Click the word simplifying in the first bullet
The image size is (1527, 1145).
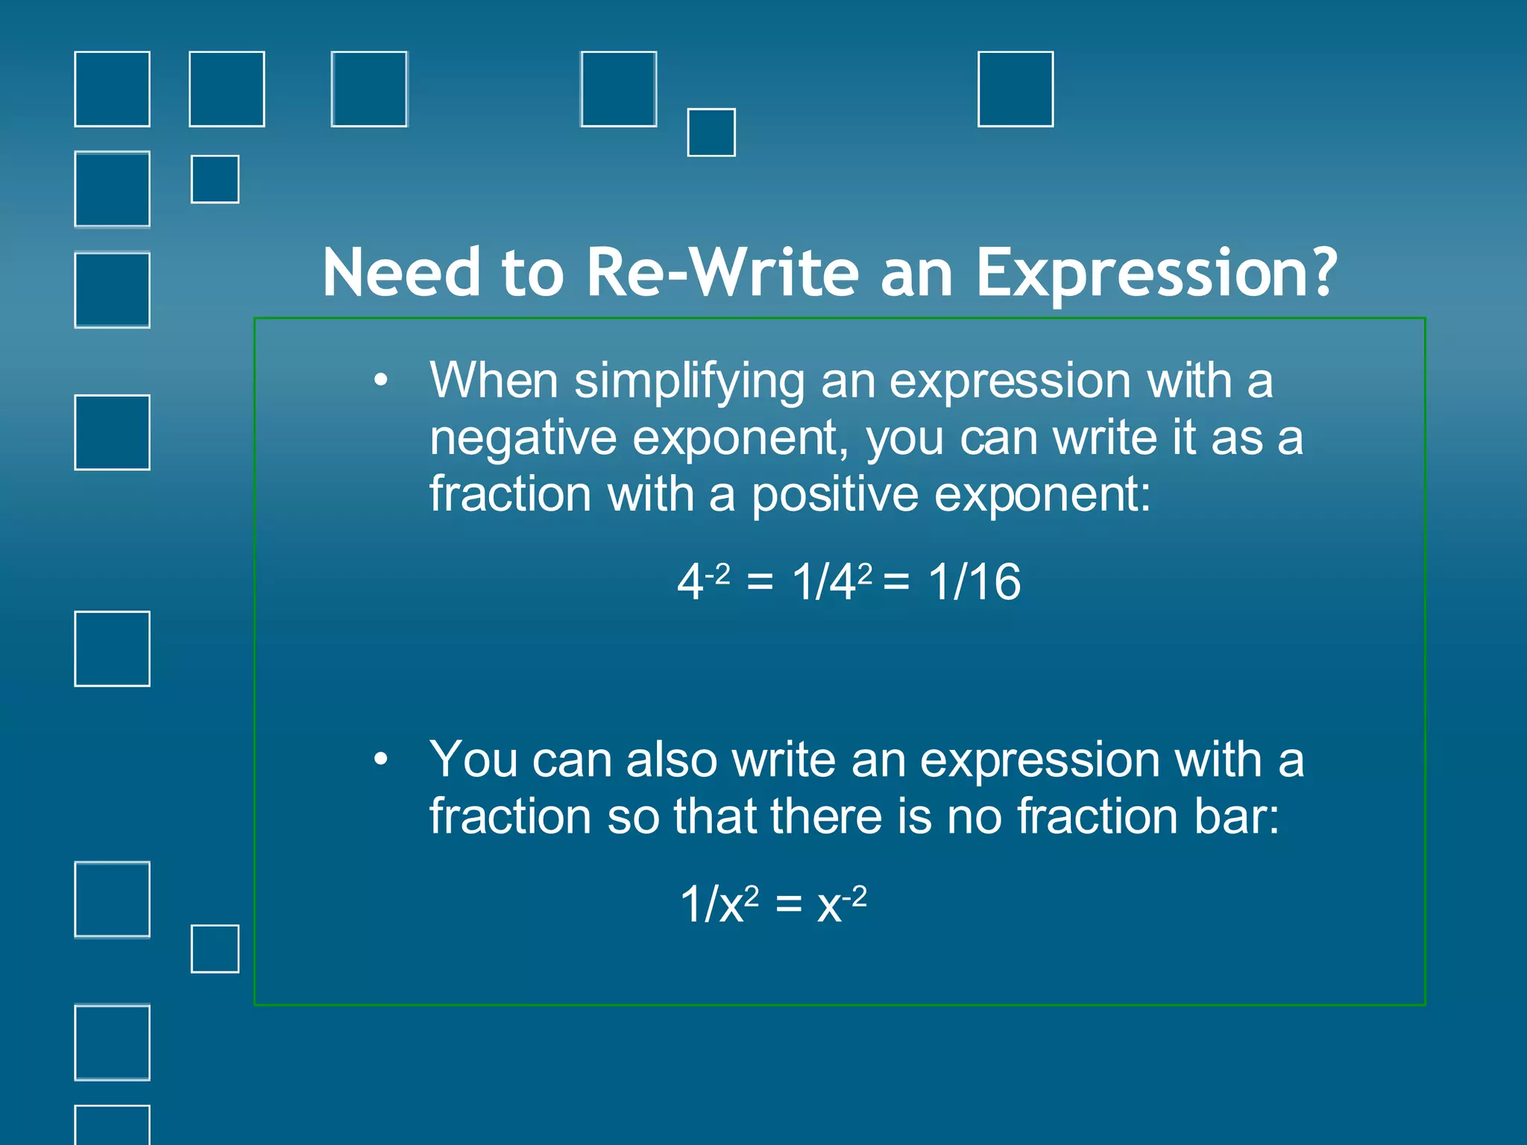click(690, 382)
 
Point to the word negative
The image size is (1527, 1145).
click(523, 439)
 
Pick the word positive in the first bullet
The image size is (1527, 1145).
click(834, 496)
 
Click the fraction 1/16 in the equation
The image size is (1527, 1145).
click(975, 582)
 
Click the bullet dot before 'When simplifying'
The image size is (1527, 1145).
click(381, 381)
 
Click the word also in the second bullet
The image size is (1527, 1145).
click(671, 760)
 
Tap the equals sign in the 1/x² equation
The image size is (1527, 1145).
click(788, 906)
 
